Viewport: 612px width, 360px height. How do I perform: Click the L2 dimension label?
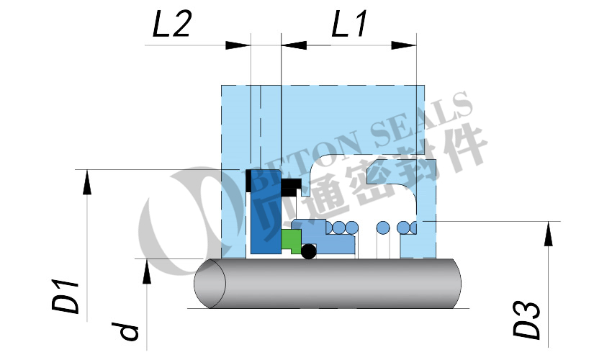pyautogui.click(x=172, y=24)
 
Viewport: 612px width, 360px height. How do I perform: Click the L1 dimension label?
pyautogui.click(x=349, y=24)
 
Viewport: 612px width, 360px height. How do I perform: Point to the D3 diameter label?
pyautogui.click(x=526, y=319)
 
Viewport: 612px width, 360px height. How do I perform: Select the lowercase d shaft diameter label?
pyautogui.click(x=129, y=331)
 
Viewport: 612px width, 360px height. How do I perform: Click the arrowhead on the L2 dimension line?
pyautogui.click(x=238, y=45)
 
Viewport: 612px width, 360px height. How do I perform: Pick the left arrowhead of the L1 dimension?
pyautogui.click(x=294, y=45)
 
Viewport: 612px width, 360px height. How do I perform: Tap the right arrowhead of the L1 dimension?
pyautogui.click(x=404, y=45)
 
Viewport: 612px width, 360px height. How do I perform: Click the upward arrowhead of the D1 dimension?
pyautogui.click(x=87, y=182)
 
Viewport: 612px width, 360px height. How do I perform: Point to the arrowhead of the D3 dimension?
pyautogui.click(x=549, y=234)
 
